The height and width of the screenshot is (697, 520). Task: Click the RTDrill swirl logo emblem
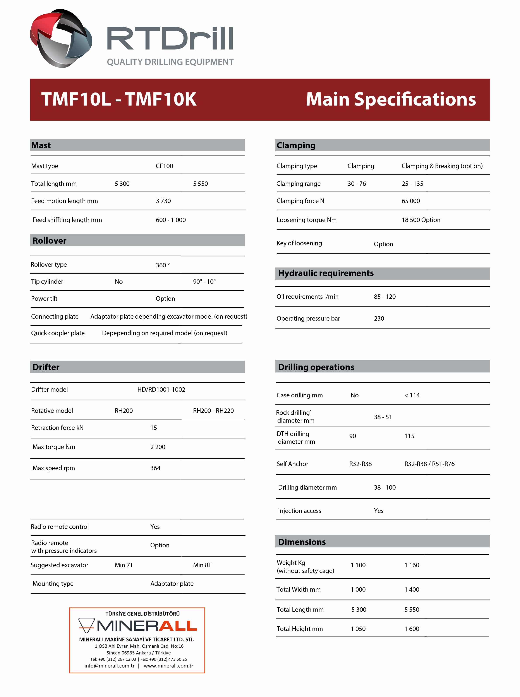(61, 38)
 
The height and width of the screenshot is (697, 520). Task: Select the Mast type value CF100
(164, 166)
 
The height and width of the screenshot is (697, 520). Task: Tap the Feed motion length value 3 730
(163, 201)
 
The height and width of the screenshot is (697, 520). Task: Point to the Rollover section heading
(49, 241)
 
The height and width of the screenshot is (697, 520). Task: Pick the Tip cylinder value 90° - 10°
(204, 282)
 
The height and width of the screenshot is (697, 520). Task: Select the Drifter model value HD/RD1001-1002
(161, 389)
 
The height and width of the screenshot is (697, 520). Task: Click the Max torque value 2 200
(158, 447)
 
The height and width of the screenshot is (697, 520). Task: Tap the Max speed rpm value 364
(155, 468)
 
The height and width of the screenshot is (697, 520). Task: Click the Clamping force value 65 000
(410, 201)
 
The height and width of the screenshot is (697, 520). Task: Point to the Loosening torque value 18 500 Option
(421, 220)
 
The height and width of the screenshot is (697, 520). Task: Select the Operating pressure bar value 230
(379, 318)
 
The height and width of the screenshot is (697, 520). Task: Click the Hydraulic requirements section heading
(326, 273)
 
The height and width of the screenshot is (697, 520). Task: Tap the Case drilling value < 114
(412, 395)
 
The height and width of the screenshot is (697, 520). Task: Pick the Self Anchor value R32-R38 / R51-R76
(429, 464)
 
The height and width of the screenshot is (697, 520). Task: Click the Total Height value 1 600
(412, 629)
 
